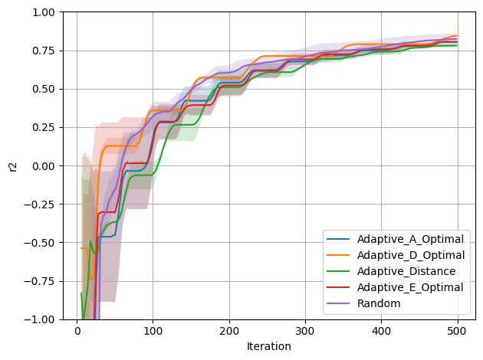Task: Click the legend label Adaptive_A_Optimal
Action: (410, 239)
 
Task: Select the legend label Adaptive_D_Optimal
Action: (411, 255)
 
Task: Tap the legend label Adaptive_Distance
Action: (406, 271)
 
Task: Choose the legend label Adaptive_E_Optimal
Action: (410, 287)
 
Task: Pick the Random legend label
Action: (379, 303)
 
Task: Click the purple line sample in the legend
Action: (338, 303)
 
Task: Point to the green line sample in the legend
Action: (338, 271)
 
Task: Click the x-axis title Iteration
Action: (269, 346)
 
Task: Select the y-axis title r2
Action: (12, 166)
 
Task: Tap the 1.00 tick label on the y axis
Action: (44, 12)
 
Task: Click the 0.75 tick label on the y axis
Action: (44, 51)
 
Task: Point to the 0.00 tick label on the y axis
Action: (44, 166)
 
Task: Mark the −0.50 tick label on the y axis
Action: (39, 243)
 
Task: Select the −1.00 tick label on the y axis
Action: (39, 319)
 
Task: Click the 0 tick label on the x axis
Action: (77, 331)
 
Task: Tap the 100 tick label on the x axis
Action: (153, 331)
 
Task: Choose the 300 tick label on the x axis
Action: (305, 331)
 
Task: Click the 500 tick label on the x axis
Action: (458, 331)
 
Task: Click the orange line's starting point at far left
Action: (81, 248)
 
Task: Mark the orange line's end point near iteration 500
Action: (456, 36)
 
